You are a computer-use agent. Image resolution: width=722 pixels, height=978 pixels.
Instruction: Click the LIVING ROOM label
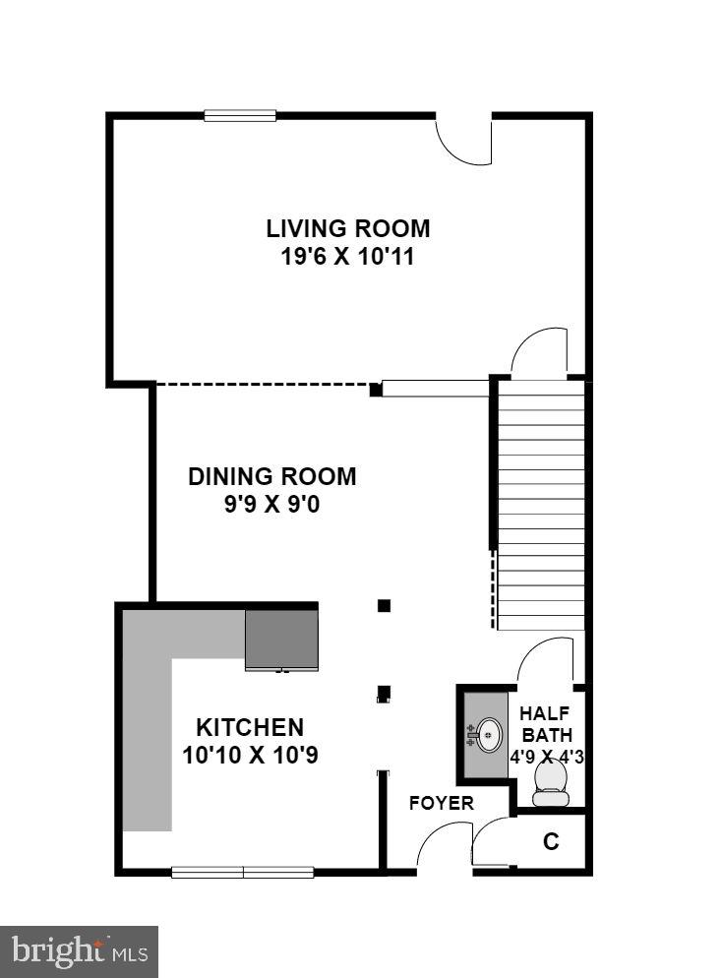348,228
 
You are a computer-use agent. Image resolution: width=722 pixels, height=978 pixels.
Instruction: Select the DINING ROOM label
272,477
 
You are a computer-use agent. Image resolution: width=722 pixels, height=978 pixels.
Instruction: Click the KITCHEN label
250,728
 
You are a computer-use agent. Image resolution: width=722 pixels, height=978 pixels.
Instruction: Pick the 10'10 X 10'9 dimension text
250,756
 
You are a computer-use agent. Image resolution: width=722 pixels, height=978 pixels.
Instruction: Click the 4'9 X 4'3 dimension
546,758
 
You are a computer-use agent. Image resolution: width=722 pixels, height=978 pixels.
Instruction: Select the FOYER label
442,803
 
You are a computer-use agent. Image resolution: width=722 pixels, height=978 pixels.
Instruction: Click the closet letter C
552,842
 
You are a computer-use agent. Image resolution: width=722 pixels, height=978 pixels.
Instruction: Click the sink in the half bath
486,733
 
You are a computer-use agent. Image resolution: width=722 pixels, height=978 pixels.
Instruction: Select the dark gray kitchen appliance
281,640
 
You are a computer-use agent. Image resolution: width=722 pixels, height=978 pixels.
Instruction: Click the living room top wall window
240,115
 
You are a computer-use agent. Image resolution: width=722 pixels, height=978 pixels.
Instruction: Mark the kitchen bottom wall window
243,872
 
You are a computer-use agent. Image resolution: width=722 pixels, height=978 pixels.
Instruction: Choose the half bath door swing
546,659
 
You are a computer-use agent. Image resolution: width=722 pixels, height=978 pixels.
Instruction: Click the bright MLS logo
79,951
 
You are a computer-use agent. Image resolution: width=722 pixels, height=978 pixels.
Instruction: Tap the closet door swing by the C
491,845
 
